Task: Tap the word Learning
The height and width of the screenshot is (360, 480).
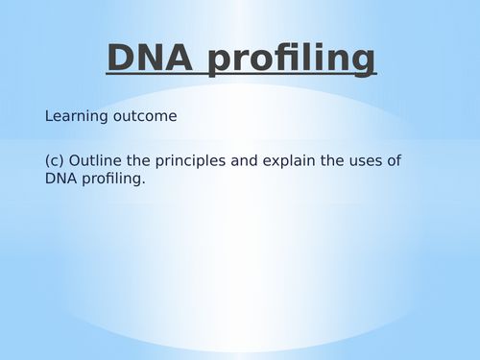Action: pyautogui.click(x=75, y=117)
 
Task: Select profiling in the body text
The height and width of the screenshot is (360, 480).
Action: pyautogui.click(x=110, y=180)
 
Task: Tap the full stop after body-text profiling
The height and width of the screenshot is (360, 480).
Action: pyautogui.click(x=143, y=183)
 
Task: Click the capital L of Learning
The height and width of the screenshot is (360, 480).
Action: pyautogui.click(x=49, y=116)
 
